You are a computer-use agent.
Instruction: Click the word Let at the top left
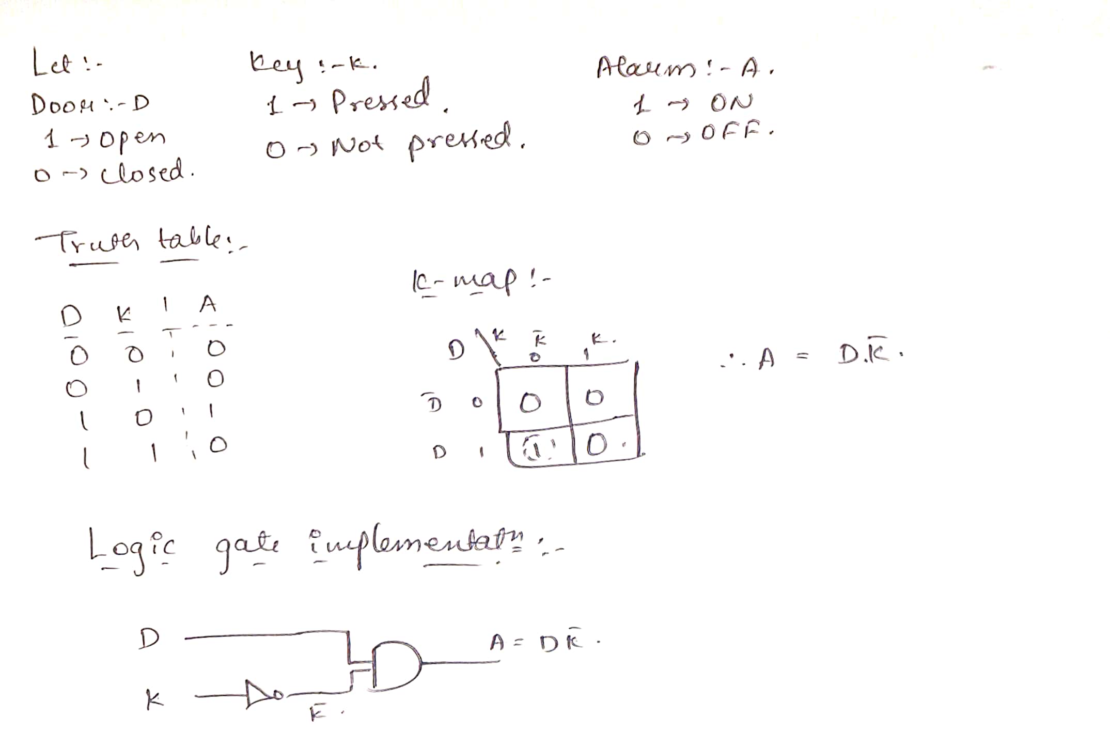tap(53, 63)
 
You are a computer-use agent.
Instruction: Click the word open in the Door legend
tap(132, 138)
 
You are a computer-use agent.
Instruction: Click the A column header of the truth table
tap(208, 304)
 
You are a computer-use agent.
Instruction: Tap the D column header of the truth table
tap(71, 316)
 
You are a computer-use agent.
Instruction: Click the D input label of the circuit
tap(149, 639)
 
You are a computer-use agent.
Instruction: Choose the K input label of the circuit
tap(154, 700)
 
